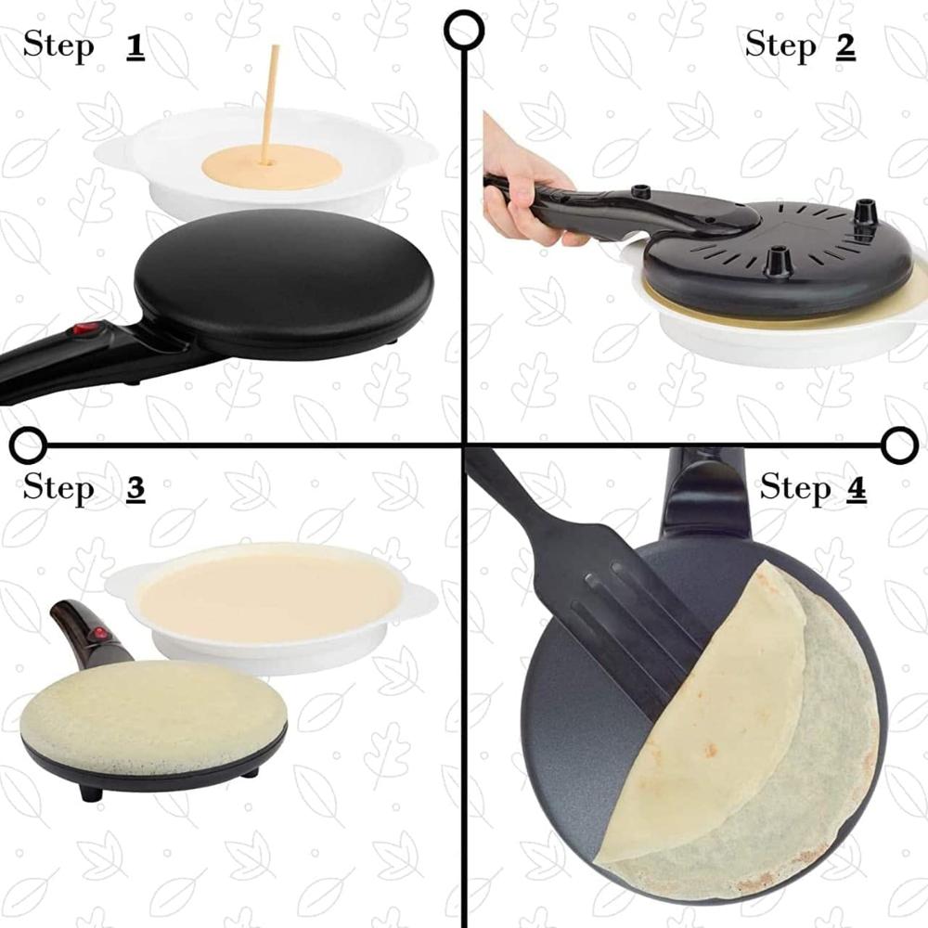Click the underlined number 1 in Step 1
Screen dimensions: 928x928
click(135, 46)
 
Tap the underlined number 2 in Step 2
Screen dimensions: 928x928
click(844, 45)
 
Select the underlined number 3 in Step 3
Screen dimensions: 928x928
click(135, 488)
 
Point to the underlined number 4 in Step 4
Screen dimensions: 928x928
click(856, 488)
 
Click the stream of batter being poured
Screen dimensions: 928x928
click(271, 102)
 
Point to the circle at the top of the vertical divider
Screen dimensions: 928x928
click(463, 29)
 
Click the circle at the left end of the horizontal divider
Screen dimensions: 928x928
click(29, 445)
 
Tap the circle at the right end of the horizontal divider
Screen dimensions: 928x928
click(898, 445)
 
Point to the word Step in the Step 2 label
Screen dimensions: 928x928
click(779, 45)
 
